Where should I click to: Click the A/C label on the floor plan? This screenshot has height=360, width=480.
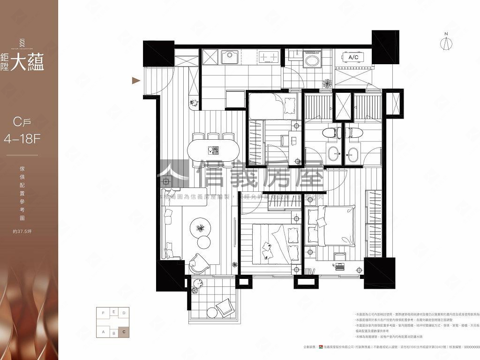point(353,57)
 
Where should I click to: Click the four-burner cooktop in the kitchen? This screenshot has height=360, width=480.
point(269,57)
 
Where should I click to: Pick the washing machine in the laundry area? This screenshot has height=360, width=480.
point(311,61)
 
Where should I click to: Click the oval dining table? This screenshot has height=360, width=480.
point(213,150)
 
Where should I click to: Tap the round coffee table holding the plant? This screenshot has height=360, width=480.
point(200,228)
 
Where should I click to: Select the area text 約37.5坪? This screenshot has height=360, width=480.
point(20,231)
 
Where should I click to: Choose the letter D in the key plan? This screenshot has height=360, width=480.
point(123,313)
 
